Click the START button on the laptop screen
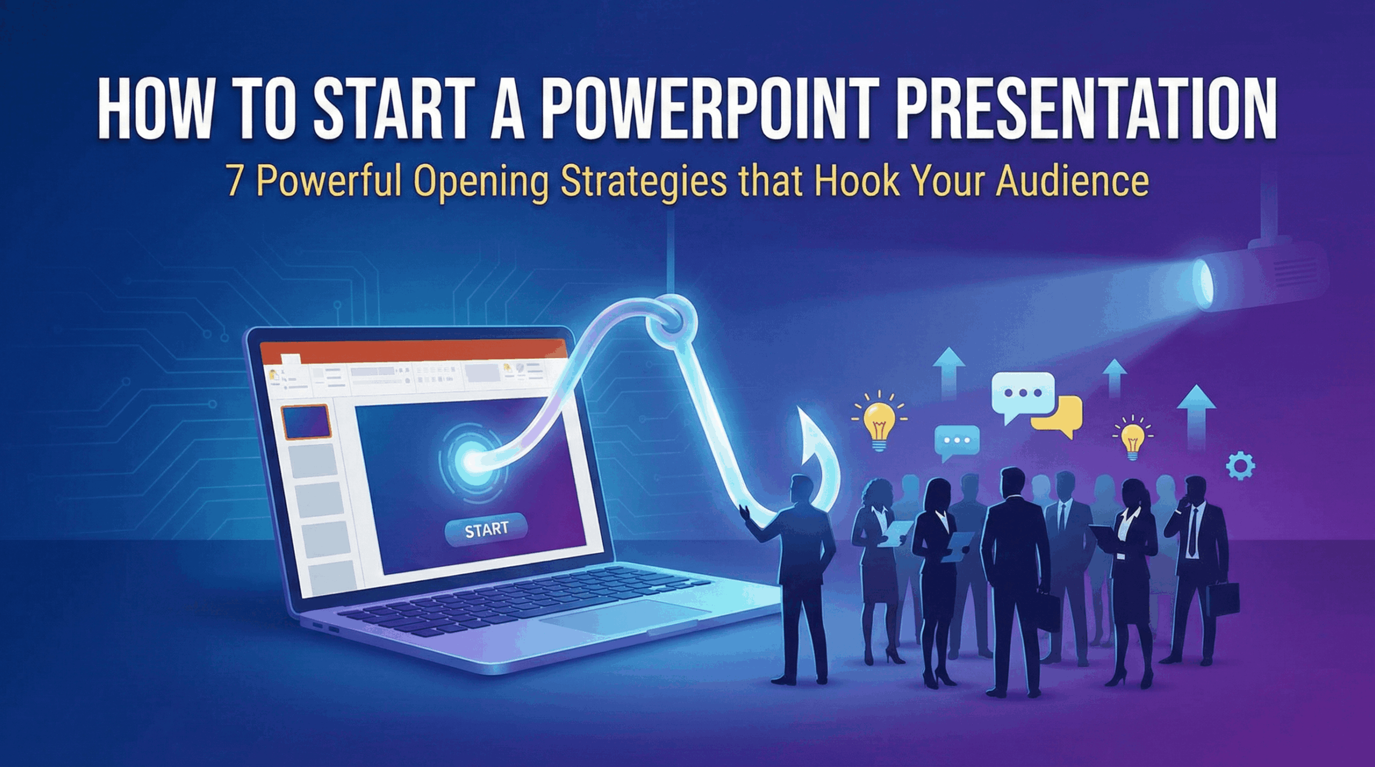486,530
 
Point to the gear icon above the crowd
1241,466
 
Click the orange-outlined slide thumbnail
306,422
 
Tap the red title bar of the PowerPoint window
414,350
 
